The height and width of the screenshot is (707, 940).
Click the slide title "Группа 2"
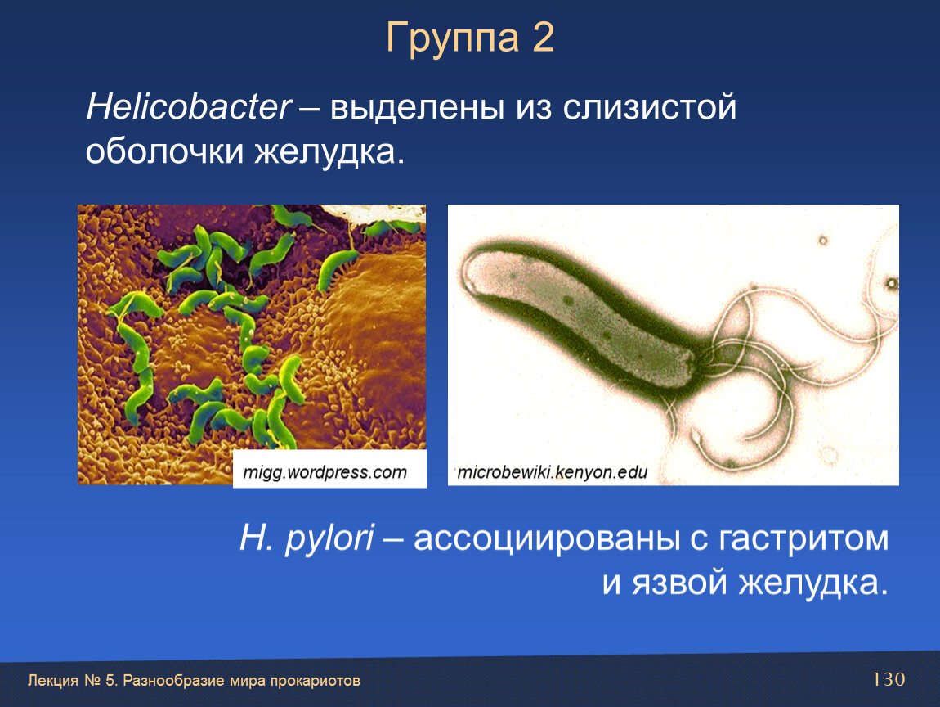470,38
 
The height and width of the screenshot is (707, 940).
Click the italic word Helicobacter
189,107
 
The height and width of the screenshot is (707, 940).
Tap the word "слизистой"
649,108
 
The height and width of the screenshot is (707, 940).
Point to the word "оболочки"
164,151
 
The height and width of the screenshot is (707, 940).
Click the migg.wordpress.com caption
325,472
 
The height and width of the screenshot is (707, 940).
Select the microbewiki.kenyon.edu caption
552,472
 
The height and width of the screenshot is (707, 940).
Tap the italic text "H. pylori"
307,538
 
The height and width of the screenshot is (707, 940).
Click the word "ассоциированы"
547,538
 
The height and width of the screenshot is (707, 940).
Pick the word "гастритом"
803,538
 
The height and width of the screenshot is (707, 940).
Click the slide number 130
889,679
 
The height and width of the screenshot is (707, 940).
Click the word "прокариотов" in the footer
316,681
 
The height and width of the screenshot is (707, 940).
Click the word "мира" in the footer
251,681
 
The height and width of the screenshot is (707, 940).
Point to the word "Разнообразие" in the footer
177,681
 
